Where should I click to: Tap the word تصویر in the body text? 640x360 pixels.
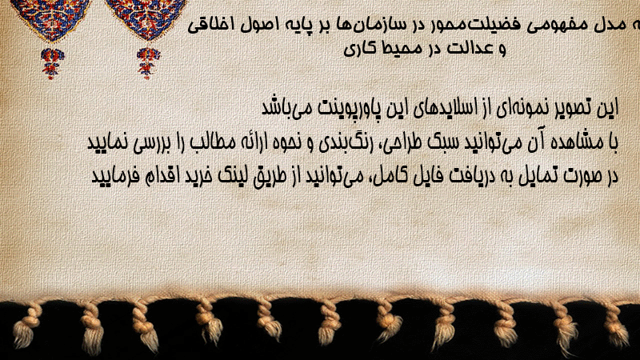(x=574, y=108)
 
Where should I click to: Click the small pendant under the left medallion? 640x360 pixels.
(x=51, y=63)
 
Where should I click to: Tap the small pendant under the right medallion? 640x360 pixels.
(x=148, y=63)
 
